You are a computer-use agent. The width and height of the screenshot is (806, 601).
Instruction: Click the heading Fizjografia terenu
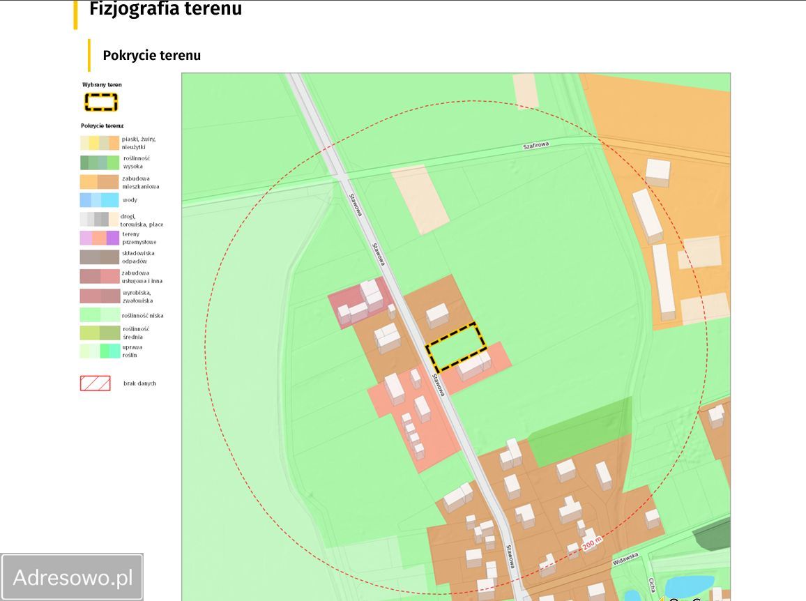[x=165, y=10]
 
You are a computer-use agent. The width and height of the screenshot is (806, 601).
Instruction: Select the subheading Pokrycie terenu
[x=151, y=56]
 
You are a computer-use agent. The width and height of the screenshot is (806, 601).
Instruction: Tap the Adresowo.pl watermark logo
[x=73, y=577]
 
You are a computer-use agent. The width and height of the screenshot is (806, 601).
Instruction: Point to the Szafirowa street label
[x=536, y=146]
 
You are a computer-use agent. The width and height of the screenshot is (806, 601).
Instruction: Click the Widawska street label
[x=625, y=556]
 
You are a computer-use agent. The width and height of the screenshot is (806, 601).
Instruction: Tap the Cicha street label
[x=652, y=584]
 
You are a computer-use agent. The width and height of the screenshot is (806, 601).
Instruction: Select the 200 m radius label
[x=591, y=541]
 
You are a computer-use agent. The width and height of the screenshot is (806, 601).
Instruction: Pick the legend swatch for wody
[x=99, y=200]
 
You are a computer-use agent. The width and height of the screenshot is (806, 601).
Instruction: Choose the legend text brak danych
[x=139, y=383]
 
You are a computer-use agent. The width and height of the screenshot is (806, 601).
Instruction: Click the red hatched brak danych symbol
[x=95, y=383]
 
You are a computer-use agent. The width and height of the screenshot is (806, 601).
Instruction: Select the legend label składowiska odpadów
[x=138, y=257]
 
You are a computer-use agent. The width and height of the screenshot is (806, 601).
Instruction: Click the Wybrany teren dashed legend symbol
[x=101, y=102]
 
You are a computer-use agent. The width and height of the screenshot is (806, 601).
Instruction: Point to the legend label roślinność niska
[x=142, y=316]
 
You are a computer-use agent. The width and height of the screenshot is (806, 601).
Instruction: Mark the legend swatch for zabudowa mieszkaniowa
[x=99, y=182]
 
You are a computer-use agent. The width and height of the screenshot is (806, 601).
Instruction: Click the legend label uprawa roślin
[x=132, y=351]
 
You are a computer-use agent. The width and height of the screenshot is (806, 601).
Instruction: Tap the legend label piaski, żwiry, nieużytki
[x=139, y=143]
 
